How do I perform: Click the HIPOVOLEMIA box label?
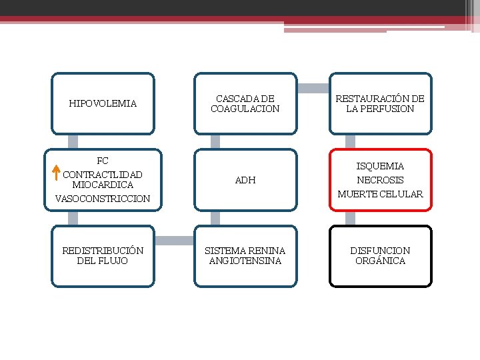(103, 103)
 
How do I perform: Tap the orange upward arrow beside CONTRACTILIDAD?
(57, 173)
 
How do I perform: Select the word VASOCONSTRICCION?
(103, 199)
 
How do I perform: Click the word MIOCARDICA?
(103, 185)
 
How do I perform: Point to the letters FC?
(103, 161)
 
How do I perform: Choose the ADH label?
(245, 180)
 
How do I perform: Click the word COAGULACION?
(245, 109)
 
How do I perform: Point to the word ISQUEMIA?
(380, 166)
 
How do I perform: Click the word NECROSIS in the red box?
(380, 180)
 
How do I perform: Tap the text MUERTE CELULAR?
(380, 194)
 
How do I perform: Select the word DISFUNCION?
(380, 251)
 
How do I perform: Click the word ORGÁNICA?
(380, 261)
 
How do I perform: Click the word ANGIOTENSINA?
(245, 261)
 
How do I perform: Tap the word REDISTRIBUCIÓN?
(103, 251)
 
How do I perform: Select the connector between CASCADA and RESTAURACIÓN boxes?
(313, 88)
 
